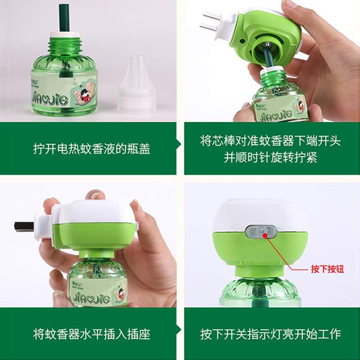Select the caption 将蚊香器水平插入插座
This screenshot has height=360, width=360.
(91, 334)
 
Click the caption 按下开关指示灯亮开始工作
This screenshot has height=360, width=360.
(271, 334)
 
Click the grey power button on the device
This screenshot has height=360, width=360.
(261, 232)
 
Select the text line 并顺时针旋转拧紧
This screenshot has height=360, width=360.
(271, 157)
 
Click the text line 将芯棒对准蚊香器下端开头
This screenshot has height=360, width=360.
(271, 140)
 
